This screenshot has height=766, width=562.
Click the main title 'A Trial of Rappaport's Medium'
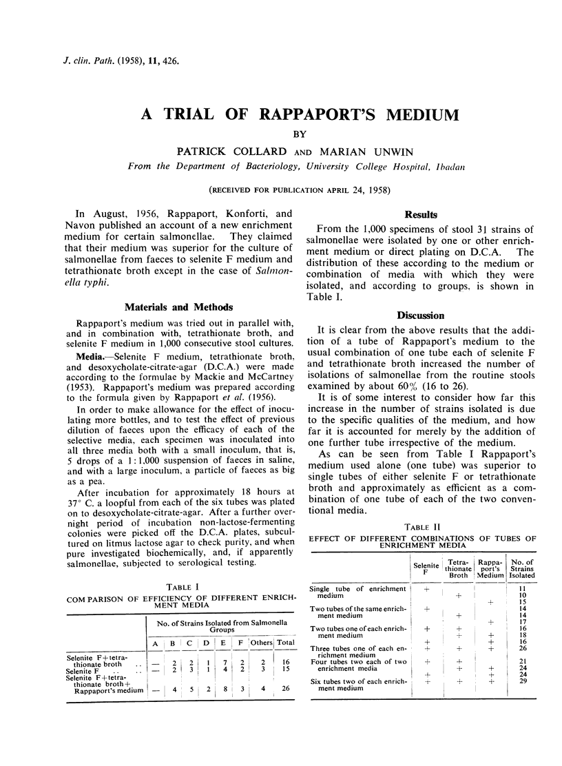point(281,114)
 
